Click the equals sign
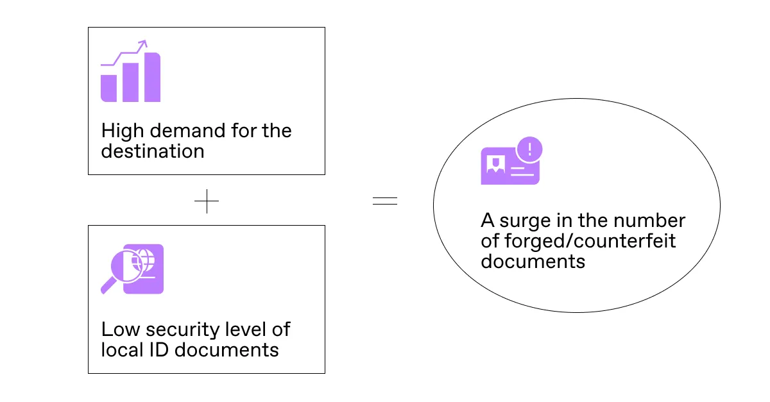[x=384, y=201]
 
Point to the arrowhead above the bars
[x=143, y=44]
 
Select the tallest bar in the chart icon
[x=152, y=78]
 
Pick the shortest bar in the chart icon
[x=108, y=88]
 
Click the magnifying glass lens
[x=125, y=267]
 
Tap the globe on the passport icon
[x=145, y=260]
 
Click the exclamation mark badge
[x=529, y=150]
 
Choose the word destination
[x=153, y=151]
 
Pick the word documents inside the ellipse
[x=533, y=262]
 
